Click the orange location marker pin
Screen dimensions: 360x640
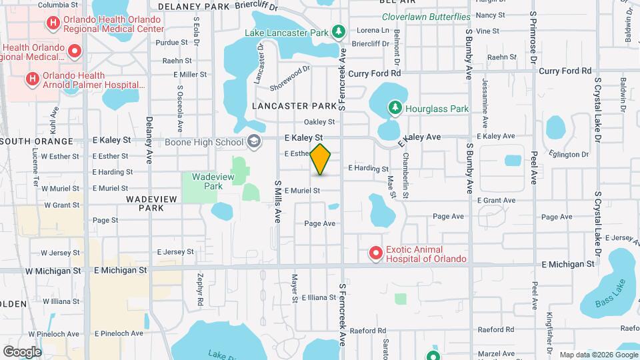tap(321, 159)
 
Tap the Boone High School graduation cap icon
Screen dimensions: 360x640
tap(253, 141)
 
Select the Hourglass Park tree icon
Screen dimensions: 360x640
tap(395, 107)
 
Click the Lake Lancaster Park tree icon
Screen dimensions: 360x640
tap(339, 31)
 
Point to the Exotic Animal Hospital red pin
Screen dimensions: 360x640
tap(376, 253)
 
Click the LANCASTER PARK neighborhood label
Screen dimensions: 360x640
tap(295, 106)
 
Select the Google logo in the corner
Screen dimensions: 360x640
tap(22, 352)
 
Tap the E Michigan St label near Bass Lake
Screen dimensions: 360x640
tap(567, 264)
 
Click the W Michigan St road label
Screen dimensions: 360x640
tap(53, 271)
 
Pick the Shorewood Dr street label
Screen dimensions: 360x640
tap(290, 78)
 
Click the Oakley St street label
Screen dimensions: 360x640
tap(319, 122)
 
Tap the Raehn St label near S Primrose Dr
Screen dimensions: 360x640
tap(502, 57)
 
